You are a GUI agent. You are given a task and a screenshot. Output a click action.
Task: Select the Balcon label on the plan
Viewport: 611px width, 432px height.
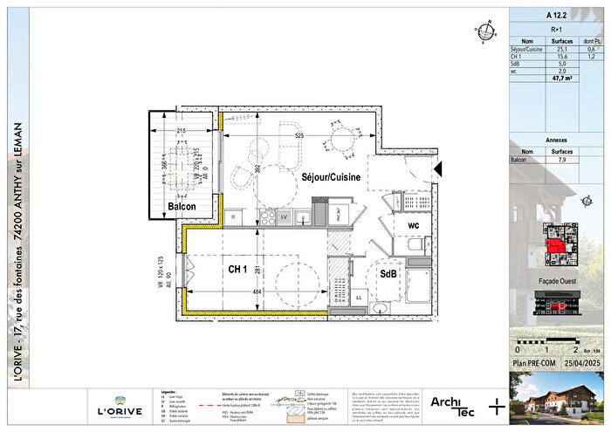click(182, 206)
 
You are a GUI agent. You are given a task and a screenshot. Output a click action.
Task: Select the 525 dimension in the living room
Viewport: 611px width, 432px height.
click(299, 136)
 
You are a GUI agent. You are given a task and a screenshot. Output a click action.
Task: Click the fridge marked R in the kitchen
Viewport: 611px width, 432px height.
click(234, 216)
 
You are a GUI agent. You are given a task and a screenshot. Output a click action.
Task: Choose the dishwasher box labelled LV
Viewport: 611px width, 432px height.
click(285, 216)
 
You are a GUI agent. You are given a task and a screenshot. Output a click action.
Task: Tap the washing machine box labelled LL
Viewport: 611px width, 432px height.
click(359, 298)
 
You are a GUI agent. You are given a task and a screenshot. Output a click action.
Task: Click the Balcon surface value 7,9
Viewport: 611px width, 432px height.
click(563, 160)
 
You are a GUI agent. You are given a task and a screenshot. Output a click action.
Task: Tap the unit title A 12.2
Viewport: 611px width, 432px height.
click(554, 15)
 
